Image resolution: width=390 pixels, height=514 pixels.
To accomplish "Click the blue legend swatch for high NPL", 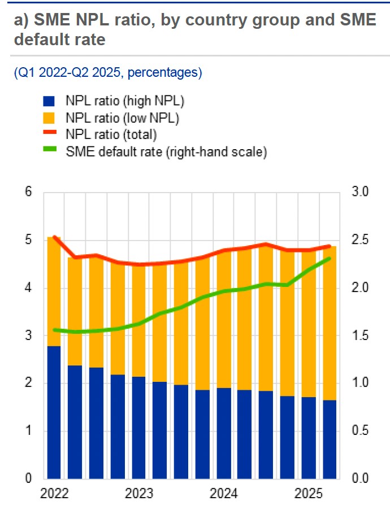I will click(x=50, y=102).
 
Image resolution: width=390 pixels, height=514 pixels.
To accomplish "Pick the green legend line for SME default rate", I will click(x=50, y=151).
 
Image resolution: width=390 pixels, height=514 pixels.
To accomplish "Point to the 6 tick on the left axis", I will click(x=29, y=192).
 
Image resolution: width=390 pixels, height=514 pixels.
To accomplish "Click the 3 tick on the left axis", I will click(x=29, y=336).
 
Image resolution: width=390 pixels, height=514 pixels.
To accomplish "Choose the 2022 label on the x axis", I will click(x=54, y=493).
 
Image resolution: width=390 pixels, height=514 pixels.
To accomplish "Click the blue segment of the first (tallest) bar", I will click(x=54, y=412).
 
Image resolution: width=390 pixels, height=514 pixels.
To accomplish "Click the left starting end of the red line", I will click(x=54, y=237).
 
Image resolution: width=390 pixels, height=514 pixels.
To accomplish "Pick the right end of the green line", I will click(x=330, y=259).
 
